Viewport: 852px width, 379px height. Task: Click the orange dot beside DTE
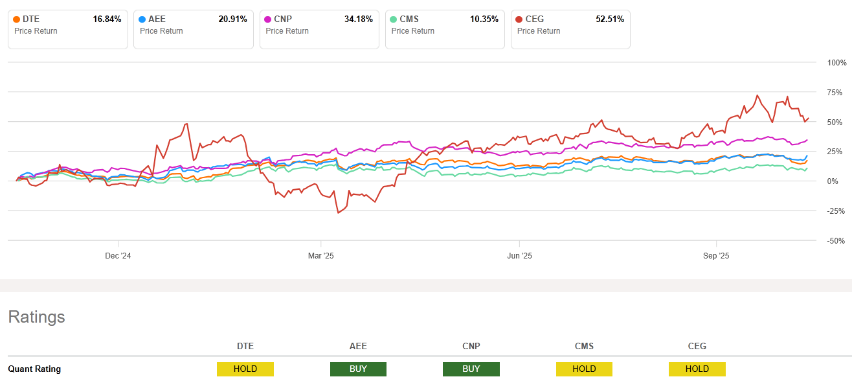(x=17, y=19)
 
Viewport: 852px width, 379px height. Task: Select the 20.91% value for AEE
(x=232, y=19)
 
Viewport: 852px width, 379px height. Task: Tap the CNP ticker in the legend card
(x=284, y=19)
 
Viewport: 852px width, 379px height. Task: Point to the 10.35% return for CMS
(x=484, y=19)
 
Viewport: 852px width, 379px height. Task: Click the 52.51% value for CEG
(x=609, y=19)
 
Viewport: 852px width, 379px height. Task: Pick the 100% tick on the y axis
(x=836, y=63)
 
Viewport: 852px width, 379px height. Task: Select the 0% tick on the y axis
(x=839, y=181)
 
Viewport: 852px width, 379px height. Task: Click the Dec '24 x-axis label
(x=118, y=256)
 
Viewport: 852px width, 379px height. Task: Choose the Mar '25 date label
(x=320, y=256)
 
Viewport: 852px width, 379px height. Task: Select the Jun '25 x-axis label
(x=520, y=256)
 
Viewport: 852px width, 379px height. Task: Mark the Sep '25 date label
(x=716, y=256)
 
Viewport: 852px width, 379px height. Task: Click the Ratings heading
(x=36, y=317)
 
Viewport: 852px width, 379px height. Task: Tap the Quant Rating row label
(x=34, y=369)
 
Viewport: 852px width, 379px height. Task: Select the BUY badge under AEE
(x=358, y=369)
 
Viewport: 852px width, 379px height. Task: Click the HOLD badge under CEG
(x=697, y=369)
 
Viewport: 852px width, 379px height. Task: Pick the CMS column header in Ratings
(x=584, y=346)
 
